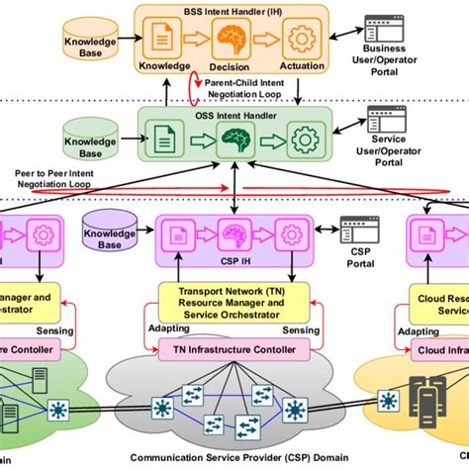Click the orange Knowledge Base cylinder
[90, 45]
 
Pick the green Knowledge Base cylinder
[90, 140]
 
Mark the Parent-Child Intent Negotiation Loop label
[251, 89]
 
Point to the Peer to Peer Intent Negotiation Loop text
[47, 177]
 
